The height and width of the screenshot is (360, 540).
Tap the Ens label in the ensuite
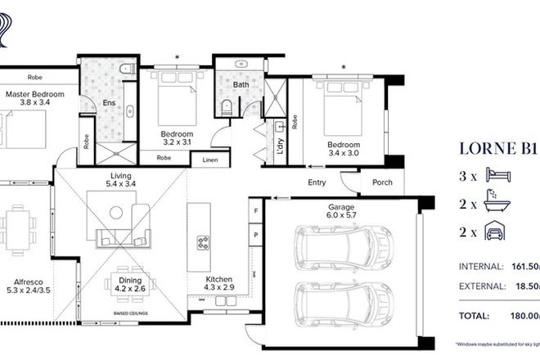(x=109, y=103)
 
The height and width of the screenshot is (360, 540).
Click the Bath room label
(x=241, y=84)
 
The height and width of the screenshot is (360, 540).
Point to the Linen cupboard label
(x=210, y=160)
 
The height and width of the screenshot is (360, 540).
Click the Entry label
(x=317, y=182)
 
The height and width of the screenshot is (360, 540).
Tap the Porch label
(x=382, y=182)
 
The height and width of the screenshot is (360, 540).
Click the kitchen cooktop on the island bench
(x=202, y=243)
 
